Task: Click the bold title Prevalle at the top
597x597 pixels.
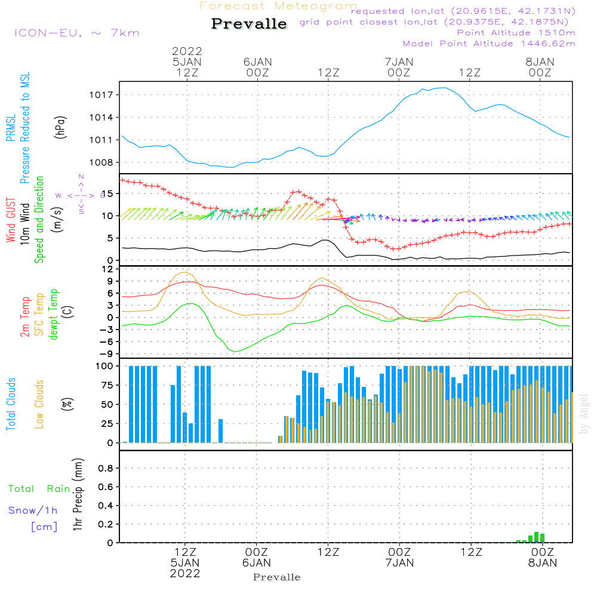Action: [249, 24]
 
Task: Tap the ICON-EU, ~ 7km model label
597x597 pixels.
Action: [76, 33]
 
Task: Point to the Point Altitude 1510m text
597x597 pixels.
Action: [516, 33]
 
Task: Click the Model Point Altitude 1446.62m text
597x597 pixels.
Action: [489, 44]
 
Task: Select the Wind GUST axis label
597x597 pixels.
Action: [11, 221]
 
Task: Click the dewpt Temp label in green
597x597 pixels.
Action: [54, 315]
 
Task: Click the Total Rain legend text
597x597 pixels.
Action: [39, 489]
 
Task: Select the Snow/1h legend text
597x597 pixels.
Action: [33, 510]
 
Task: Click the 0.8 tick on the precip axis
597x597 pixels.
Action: [106, 469]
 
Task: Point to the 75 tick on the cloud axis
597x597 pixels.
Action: [105, 386]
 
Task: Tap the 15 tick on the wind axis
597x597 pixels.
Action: [106, 194]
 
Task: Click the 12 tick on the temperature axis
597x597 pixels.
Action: [107, 269]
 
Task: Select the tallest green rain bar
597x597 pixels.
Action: [536, 537]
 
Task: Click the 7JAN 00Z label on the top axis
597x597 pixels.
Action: [399, 67]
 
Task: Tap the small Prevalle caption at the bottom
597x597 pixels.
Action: [277, 577]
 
